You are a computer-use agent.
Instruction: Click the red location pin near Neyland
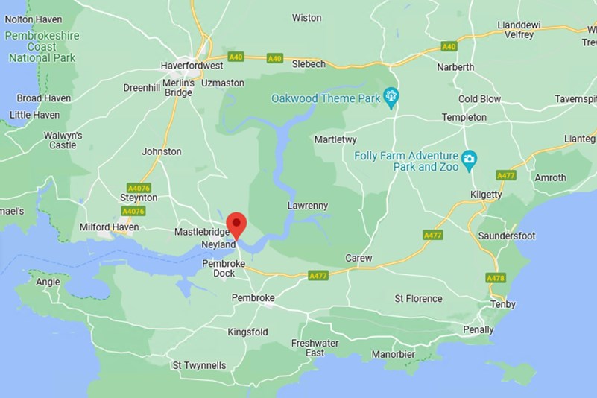[236, 224]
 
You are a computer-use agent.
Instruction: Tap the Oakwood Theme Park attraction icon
[391, 97]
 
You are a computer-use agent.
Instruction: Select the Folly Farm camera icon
[469, 158]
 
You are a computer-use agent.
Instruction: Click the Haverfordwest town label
[192, 66]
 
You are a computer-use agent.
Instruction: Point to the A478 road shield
[496, 278]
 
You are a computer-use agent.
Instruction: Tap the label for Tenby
[503, 304]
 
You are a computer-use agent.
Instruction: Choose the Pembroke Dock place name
[218, 268]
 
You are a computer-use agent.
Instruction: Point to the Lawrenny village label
[307, 206]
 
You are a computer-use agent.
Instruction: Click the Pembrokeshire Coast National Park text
[42, 46]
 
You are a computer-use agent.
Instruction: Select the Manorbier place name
[393, 354]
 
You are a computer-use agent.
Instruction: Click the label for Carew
[358, 258]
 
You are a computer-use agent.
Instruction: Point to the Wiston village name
[306, 17]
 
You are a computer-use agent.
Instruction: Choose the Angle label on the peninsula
[48, 282]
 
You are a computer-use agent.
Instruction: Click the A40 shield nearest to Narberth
[448, 46]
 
